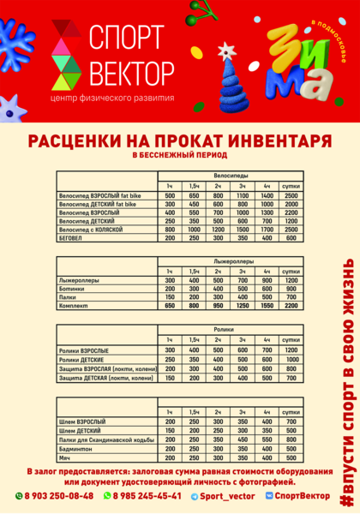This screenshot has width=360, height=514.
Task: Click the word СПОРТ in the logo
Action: tap(126, 37)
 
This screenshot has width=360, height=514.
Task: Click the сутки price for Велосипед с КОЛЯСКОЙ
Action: tap(291, 230)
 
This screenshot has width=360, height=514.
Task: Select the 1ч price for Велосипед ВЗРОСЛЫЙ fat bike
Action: tap(170, 196)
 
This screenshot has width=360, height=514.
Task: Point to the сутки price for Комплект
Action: tap(291, 306)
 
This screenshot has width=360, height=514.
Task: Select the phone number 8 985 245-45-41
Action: tap(146, 496)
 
